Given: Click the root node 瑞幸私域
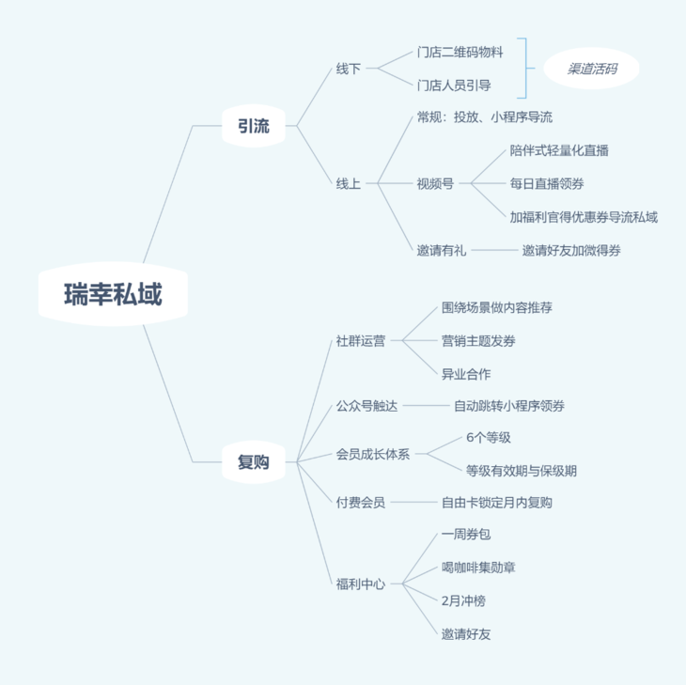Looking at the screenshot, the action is click(x=113, y=293).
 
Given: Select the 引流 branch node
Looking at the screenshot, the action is click(x=254, y=126).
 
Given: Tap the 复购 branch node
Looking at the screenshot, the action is click(x=254, y=462).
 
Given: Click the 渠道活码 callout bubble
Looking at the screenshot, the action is click(x=591, y=69).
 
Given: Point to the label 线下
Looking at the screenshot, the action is click(x=349, y=69).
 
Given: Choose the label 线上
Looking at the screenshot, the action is click(x=349, y=184).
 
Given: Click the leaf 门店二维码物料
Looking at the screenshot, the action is click(x=460, y=52).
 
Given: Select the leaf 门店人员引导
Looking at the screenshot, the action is click(x=454, y=86).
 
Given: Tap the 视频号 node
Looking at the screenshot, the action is click(x=435, y=184).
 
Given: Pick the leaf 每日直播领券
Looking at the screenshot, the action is click(x=547, y=184).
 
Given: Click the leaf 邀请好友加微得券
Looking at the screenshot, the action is click(x=571, y=250).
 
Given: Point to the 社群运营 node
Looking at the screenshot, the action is click(x=361, y=341).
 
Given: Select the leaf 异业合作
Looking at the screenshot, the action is click(x=466, y=374).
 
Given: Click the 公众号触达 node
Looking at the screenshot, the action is click(x=366, y=406).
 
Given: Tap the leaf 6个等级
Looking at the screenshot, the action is click(x=489, y=438).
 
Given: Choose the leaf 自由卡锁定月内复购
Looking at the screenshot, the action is click(x=496, y=503).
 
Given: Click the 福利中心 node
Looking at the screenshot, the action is click(x=361, y=584).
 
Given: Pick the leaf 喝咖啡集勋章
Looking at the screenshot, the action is click(x=478, y=568).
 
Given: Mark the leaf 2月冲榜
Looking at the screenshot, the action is click(x=463, y=600).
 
